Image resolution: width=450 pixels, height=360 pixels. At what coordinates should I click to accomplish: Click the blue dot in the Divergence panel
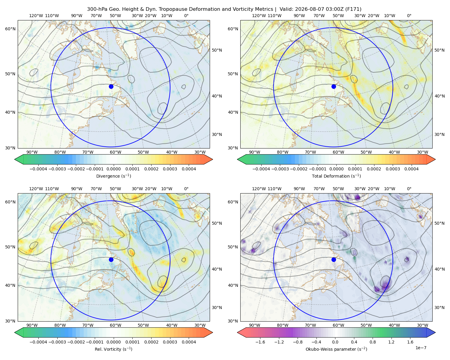111,86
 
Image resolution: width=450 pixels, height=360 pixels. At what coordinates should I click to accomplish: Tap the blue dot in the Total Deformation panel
334,86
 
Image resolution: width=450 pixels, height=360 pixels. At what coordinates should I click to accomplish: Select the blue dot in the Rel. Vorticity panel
111,259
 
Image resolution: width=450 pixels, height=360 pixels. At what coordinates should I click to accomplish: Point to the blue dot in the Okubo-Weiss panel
334,259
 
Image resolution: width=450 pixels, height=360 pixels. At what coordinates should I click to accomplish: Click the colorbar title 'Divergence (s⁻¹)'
113,176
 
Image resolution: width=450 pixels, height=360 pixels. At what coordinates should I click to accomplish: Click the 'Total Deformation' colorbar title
336,176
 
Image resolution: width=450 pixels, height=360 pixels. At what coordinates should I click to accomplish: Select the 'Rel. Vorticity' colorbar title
113,349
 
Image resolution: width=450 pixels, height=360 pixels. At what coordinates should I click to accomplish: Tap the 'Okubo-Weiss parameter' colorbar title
336,349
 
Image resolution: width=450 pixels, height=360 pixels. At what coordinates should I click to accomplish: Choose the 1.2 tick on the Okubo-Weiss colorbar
391,342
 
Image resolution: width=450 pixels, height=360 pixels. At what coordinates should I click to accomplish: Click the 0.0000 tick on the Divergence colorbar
113,169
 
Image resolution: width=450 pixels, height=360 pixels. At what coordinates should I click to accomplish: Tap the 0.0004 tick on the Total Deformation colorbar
411,169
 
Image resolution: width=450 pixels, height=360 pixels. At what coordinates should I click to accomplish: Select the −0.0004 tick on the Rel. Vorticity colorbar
38,342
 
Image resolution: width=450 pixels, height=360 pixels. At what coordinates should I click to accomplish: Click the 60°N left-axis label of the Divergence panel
10,29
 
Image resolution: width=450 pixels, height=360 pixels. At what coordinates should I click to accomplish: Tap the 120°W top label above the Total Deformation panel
259,16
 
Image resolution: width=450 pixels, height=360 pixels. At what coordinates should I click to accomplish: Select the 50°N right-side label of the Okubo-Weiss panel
440,223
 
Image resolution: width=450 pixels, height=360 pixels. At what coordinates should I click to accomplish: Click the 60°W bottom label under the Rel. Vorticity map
115,325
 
